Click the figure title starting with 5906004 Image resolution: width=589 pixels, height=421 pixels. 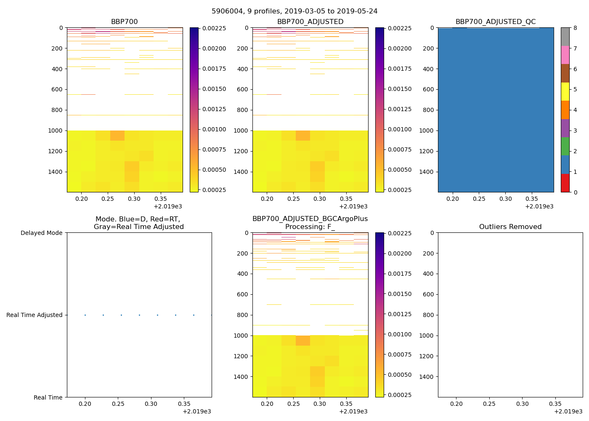pyautogui.click(x=294, y=11)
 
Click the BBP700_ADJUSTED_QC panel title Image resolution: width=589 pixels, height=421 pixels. pyautogui.click(x=496, y=22)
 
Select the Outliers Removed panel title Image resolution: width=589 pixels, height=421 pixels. pyautogui.click(x=510, y=227)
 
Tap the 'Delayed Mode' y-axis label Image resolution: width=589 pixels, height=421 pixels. pyautogui.click(x=41, y=233)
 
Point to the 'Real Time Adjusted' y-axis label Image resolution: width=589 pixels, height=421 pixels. pyautogui.click(x=34, y=315)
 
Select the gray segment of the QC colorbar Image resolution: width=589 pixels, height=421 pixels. pyautogui.click(x=565, y=37)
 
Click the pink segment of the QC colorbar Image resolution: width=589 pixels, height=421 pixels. pyautogui.click(x=565, y=55)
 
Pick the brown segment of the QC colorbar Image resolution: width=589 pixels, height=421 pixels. pyautogui.click(x=565, y=73)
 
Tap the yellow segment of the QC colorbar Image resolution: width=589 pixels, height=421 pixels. pyautogui.click(x=565, y=91)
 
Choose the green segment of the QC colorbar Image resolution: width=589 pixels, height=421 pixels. pyautogui.click(x=565, y=146)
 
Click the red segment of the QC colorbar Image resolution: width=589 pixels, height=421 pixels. pyautogui.click(x=565, y=183)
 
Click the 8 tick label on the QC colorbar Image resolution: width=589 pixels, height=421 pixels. pyautogui.click(x=575, y=28)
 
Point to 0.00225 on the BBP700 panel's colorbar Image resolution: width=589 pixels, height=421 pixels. pyautogui.click(x=214, y=28)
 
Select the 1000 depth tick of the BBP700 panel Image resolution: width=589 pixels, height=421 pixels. pyautogui.click(x=56, y=131)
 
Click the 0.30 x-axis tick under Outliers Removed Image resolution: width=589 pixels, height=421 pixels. pyautogui.click(x=522, y=404)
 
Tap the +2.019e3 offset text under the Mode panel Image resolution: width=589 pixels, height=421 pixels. pyautogui.click(x=196, y=411)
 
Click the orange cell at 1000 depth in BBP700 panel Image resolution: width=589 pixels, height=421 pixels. pyautogui.click(x=117, y=135)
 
